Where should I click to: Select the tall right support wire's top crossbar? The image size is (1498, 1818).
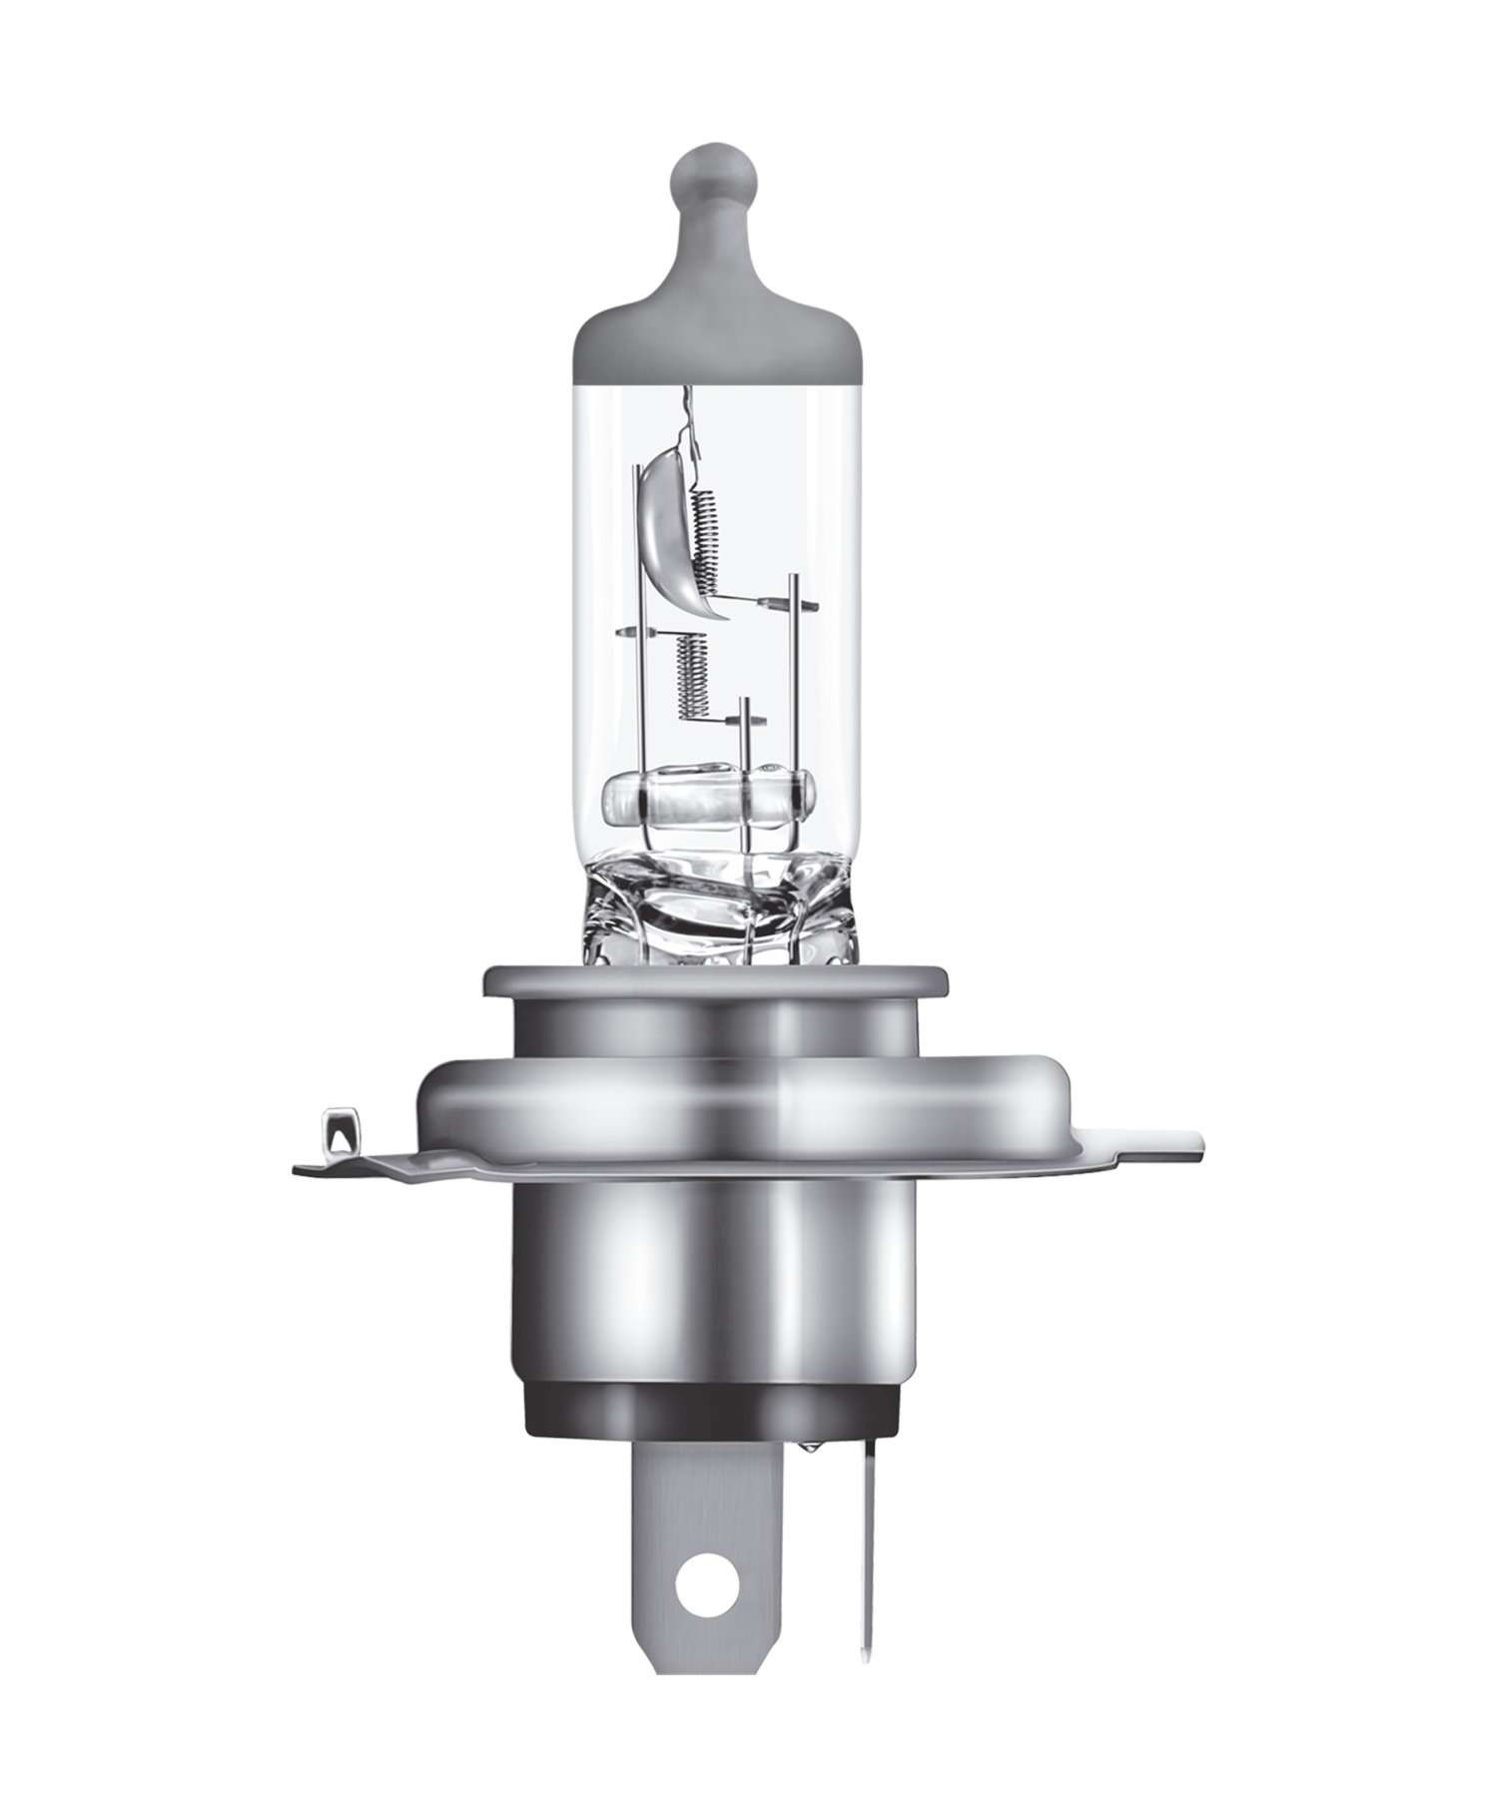tap(794, 604)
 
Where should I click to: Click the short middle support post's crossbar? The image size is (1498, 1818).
tap(745, 721)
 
